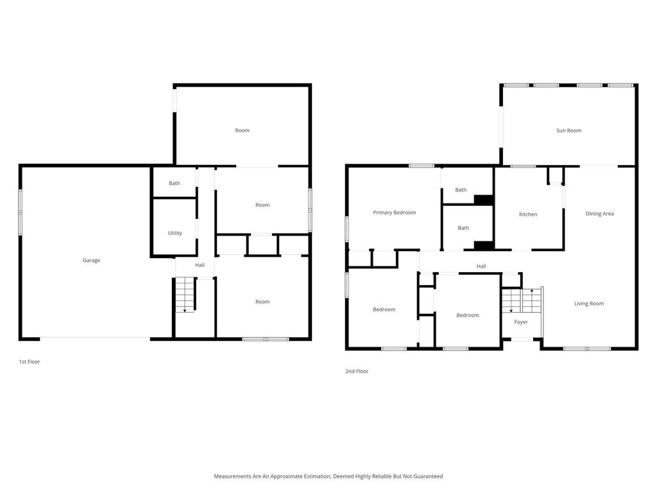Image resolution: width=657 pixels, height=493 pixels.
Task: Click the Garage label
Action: (91, 261)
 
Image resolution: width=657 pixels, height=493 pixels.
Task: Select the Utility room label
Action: (175, 233)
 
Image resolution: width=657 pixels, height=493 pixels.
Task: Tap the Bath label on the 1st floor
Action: (175, 184)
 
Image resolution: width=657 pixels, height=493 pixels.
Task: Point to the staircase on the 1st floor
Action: (185, 295)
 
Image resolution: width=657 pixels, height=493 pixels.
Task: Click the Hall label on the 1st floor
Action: (200, 265)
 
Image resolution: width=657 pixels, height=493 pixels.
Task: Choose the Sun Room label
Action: (568, 130)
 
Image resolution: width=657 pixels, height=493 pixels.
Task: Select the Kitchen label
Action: (528, 214)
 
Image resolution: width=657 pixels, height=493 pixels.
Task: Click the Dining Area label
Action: (599, 214)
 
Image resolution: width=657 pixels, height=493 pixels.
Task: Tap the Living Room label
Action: (588, 304)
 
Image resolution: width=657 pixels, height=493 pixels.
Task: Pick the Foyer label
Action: (521, 322)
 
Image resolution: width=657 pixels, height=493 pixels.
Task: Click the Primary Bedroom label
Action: (395, 212)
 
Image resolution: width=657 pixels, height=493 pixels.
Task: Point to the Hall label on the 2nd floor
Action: (481, 266)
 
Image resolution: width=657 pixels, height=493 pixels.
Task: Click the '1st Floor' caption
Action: (30, 362)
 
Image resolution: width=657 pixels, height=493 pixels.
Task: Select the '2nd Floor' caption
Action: (357, 371)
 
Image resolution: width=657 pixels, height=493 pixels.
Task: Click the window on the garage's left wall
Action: (21, 212)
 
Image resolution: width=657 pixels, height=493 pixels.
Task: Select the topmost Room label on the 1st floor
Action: (242, 130)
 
